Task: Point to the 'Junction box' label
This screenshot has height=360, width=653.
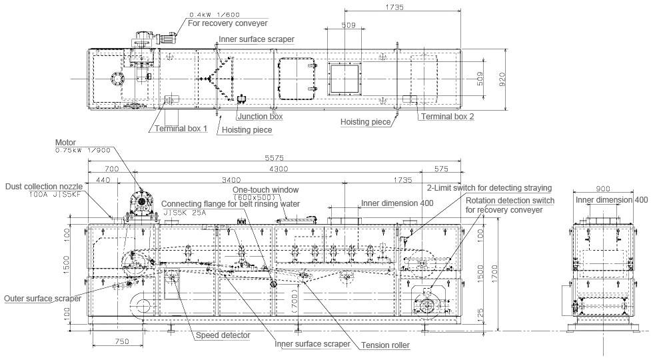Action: pyautogui.click(x=260, y=117)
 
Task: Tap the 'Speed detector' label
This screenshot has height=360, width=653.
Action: pyautogui.click(x=223, y=335)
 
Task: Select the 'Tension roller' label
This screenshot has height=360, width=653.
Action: pyautogui.click(x=385, y=345)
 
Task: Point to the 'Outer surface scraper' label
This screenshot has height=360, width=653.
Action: pyautogui.click(x=43, y=299)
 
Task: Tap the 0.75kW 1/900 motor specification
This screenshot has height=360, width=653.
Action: pyautogui.click(x=84, y=150)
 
